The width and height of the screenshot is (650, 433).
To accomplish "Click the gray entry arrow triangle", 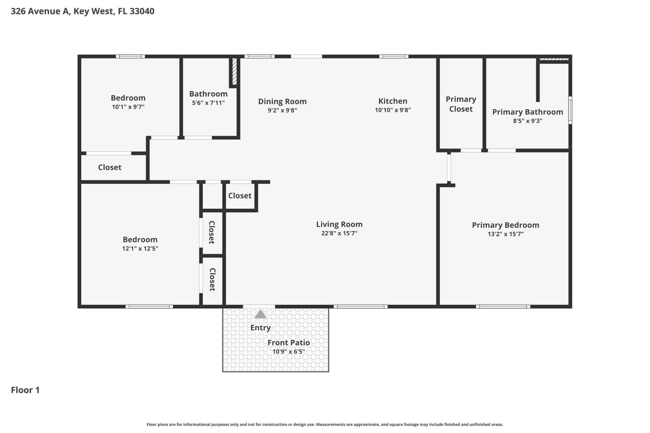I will pos(260,315).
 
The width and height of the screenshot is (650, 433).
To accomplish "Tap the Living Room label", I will pos(339,224).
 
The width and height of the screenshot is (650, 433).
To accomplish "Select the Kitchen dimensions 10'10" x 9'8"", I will pos(393,110).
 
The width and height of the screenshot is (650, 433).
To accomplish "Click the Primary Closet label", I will pos(461,104).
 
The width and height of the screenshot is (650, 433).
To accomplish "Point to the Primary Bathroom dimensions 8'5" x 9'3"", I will pos(527,121).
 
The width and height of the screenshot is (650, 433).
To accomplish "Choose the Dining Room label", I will pos(282,101).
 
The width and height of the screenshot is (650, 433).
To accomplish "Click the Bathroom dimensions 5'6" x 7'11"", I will pos(208,103).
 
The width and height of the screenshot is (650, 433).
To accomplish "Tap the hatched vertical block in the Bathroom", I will pos(234,71).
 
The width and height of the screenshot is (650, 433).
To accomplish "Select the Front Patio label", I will pos(288,343).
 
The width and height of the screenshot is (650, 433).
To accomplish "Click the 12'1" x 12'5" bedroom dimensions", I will pos(140,249).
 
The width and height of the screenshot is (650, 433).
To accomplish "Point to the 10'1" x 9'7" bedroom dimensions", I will pos(128,107).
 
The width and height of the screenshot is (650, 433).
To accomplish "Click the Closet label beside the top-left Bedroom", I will pos(110,167).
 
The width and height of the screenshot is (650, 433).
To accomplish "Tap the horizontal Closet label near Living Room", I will pos(240,196).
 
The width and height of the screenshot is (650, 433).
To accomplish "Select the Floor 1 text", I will pos(25,390).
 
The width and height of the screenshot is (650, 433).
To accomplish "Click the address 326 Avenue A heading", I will pos(83,11).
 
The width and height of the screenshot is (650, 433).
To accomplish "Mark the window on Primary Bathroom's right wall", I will pos(570,110).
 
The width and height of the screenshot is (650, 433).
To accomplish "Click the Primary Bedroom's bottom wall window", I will pos(503,307).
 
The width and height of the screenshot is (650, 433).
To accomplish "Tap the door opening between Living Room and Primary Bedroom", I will pos(449,168).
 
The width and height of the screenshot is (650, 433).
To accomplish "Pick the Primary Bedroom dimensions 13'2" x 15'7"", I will pos(505,234).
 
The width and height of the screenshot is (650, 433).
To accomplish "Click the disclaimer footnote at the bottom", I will pos(325,425).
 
